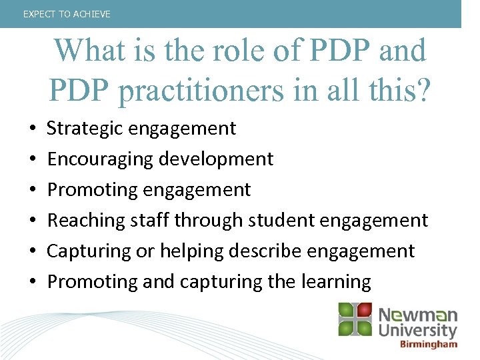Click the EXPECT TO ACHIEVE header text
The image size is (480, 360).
point(67,14)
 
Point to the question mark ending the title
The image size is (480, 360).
point(421,90)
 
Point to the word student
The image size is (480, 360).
point(263,220)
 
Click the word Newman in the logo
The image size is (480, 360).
point(418,315)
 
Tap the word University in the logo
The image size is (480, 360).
point(418,331)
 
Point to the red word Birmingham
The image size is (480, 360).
point(429,345)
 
